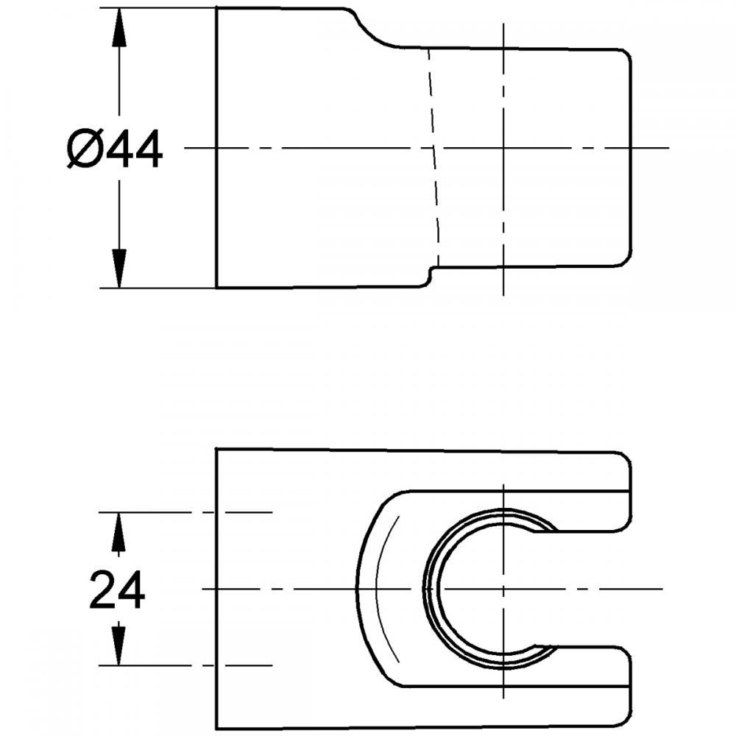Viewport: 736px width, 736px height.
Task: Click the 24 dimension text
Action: click(x=117, y=590)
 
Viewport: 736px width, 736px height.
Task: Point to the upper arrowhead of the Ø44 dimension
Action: click(x=118, y=25)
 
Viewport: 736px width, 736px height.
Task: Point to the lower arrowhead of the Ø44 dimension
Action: click(x=118, y=269)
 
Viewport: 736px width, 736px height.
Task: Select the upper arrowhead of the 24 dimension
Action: click(x=117, y=529)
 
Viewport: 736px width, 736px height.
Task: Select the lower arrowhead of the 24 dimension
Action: click(x=117, y=648)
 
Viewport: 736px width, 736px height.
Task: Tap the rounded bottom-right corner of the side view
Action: click(x=626, y=260)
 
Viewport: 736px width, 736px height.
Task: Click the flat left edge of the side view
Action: click(x=216, y=147)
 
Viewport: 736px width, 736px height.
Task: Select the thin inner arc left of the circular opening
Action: click(x=380, y=589)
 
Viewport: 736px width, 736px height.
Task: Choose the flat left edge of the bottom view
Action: click(x=216, y=589)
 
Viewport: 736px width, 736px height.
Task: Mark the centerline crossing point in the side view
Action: click(x=503, y=147)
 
